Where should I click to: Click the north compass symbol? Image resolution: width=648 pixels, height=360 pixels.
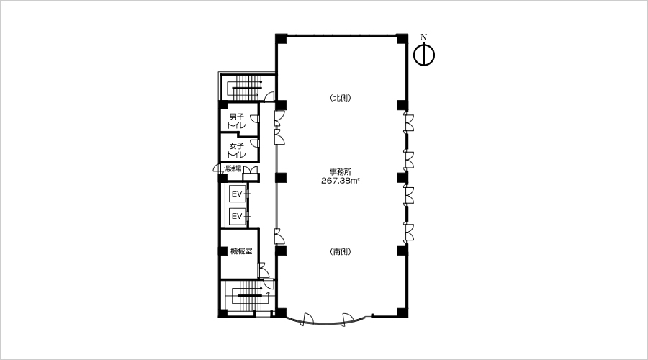[424, 55]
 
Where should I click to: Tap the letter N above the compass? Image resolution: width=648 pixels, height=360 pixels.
[423, 37]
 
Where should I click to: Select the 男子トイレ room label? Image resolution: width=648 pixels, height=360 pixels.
[237, 121]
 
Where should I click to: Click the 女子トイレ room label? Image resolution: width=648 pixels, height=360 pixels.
[237, 150]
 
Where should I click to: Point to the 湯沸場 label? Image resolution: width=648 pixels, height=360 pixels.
[233, 168]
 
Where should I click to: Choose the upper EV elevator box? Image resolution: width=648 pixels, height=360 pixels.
[237, 194]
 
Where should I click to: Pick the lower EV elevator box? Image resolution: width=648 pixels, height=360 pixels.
[237, 216]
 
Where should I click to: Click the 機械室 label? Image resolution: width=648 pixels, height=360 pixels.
[241, 251]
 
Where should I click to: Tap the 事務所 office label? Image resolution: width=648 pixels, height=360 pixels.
[341, 172]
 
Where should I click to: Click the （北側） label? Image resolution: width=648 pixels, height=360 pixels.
[341, 98]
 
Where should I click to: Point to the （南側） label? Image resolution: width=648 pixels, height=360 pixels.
[341, 252]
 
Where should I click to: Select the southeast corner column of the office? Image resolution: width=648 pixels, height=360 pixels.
[402, 312]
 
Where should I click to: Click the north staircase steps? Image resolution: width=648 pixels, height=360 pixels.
[246, 87]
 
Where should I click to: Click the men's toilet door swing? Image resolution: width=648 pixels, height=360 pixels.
[255, 119]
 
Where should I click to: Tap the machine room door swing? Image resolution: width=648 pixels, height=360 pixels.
[264, 270]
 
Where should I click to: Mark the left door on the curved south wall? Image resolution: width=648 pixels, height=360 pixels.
[308, 318]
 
